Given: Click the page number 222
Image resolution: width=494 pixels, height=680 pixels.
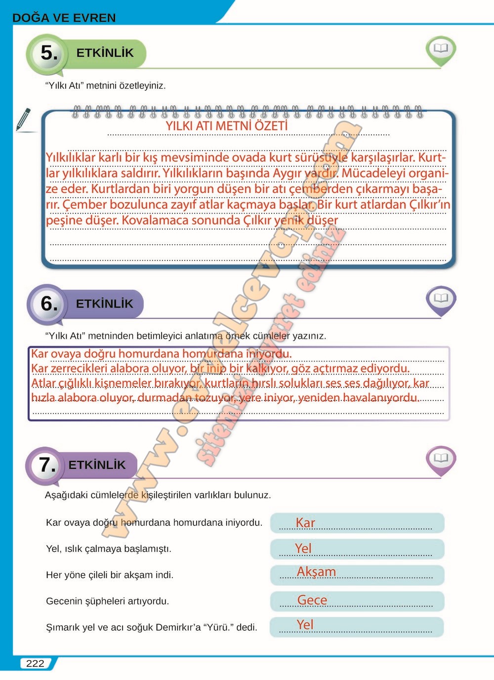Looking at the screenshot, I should point(35,664).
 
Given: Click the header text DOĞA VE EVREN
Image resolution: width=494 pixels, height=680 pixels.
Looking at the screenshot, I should point(64,18).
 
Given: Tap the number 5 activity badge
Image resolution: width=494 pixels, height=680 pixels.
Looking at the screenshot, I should point(48,53).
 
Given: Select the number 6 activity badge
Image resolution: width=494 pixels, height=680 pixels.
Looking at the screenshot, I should point(48,304).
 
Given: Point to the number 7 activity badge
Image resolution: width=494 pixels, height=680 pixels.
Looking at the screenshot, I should point(46,465).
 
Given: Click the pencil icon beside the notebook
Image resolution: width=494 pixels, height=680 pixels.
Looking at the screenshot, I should point(23,119).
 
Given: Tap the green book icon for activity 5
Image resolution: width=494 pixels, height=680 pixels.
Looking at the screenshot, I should point(440,49).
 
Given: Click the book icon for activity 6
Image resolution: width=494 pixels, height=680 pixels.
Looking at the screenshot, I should point(441,299).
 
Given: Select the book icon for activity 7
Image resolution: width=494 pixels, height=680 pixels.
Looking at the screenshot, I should point(441,459).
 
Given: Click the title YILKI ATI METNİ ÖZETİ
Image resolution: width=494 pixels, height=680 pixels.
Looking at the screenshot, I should point(227,126).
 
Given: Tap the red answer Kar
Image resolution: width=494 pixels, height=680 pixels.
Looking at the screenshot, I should point(305,523).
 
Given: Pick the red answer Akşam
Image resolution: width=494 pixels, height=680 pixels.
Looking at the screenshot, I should point(316,572).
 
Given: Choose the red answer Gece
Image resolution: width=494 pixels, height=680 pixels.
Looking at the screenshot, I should point(312,600).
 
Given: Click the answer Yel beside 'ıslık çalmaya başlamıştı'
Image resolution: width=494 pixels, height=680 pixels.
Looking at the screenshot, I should point(303,548).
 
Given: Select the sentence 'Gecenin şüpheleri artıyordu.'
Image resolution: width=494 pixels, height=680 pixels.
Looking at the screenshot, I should point(107,601).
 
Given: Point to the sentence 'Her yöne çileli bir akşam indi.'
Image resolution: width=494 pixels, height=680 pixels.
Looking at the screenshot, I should point(110,575).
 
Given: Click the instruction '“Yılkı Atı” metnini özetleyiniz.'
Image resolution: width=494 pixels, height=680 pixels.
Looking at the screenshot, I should point(105,86).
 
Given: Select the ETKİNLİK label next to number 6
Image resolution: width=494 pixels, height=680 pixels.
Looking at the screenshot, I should point(104,304).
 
